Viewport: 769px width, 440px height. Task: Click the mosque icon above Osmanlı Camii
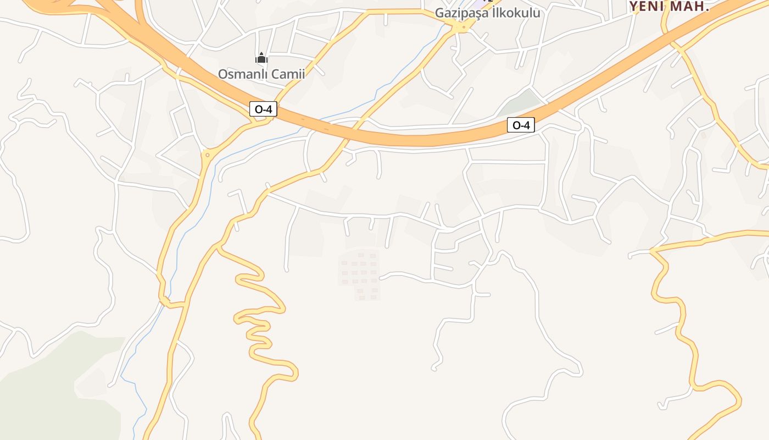coord(261,58)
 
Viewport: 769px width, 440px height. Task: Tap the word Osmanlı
coord(242,74)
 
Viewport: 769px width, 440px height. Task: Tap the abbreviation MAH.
coord(691,7)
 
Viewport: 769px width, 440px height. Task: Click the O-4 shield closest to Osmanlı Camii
coord(264,109)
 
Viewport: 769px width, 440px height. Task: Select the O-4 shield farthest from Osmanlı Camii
coord(520,125)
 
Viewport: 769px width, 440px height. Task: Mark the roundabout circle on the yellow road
coord(207,156)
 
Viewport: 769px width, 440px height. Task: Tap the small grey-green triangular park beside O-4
coord(520,101)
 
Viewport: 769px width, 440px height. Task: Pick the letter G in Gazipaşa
coord(439,13)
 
